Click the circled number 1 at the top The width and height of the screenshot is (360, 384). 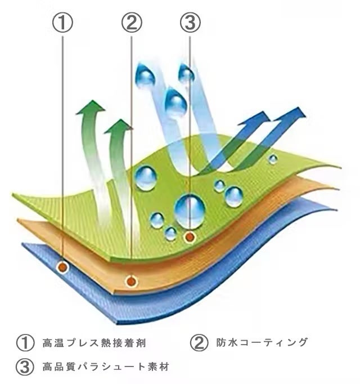point(64,23)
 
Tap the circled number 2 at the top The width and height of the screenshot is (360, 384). point(132,23)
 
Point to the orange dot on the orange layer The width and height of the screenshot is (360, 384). point(132,278)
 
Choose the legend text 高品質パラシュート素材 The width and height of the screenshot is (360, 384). point(106,367)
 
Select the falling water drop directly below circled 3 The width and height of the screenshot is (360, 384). point(186,74)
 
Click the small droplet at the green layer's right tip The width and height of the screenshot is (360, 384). point(273,159)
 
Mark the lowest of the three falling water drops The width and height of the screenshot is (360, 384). point(177,104)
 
